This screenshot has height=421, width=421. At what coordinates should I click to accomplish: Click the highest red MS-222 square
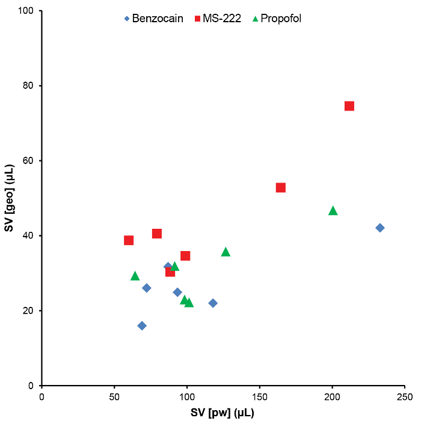349,106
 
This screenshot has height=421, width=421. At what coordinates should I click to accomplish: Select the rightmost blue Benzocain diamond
380,228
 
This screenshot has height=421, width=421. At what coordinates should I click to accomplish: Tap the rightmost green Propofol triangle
333,210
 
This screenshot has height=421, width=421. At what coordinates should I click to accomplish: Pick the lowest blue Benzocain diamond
142,326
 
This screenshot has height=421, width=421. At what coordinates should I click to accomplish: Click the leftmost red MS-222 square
129,240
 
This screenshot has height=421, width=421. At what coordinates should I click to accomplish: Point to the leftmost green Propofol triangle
135,276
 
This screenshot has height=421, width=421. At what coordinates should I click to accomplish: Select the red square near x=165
280,187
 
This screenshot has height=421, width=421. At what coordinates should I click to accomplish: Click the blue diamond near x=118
213,303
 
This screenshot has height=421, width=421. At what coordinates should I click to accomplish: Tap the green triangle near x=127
226,252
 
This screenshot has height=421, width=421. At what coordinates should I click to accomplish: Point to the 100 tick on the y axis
41,11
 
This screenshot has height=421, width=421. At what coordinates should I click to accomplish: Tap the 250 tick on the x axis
405,386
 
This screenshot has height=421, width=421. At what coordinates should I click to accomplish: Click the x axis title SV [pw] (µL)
223,413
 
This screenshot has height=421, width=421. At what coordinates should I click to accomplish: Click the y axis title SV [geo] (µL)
9,198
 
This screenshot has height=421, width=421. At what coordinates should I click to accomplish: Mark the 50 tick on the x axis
114,386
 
